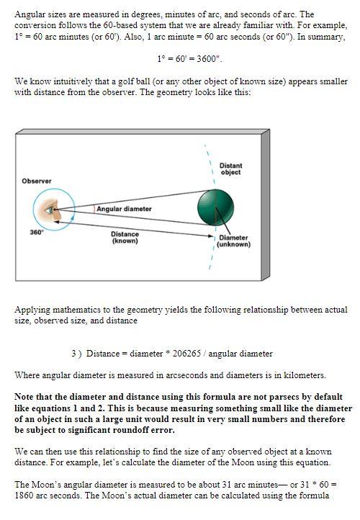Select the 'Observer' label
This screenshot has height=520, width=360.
point(36,181)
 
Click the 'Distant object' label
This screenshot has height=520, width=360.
point(230,169)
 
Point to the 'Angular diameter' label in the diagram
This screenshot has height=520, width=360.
point(124,209)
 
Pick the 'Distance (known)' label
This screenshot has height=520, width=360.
point(125,238)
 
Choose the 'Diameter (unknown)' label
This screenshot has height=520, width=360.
point(233,241)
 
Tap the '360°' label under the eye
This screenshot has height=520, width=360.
point(37,233)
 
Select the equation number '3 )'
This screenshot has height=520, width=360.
point(77,354)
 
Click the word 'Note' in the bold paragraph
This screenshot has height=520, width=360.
point(27,396)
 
